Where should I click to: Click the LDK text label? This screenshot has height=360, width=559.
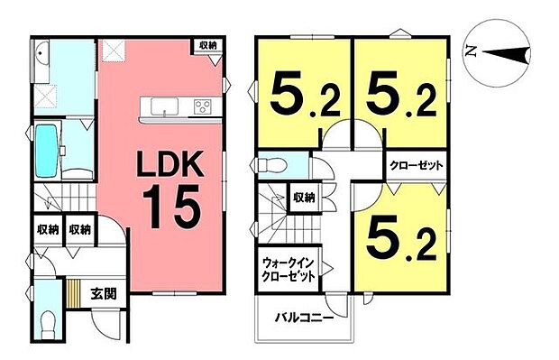(173, 166)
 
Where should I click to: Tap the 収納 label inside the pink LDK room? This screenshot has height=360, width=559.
(208, 44)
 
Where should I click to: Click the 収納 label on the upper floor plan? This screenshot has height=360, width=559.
(303, 197)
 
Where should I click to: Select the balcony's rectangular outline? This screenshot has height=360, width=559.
(307, 320)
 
